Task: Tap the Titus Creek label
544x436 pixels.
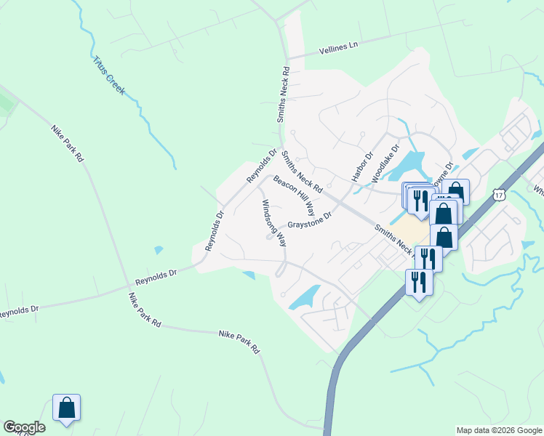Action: [x=109, y=76]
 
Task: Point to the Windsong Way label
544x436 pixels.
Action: [x=274, y=222]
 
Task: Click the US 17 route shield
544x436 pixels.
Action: [x=498, y=194]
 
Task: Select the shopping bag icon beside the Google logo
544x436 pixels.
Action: [x=66, y=408]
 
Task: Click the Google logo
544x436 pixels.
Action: [x=24, y=427]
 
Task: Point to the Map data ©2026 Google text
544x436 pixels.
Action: [x=499, y=430]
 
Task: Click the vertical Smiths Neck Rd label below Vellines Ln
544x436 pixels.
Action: [x=285, y=94]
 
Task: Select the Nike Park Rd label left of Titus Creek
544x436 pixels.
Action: [x=68, y=144]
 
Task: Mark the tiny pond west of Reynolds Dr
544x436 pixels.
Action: [x=159, y=250]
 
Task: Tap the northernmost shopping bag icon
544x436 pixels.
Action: [x=455, y=191]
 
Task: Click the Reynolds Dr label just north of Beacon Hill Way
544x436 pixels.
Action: [x=262, y=166]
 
